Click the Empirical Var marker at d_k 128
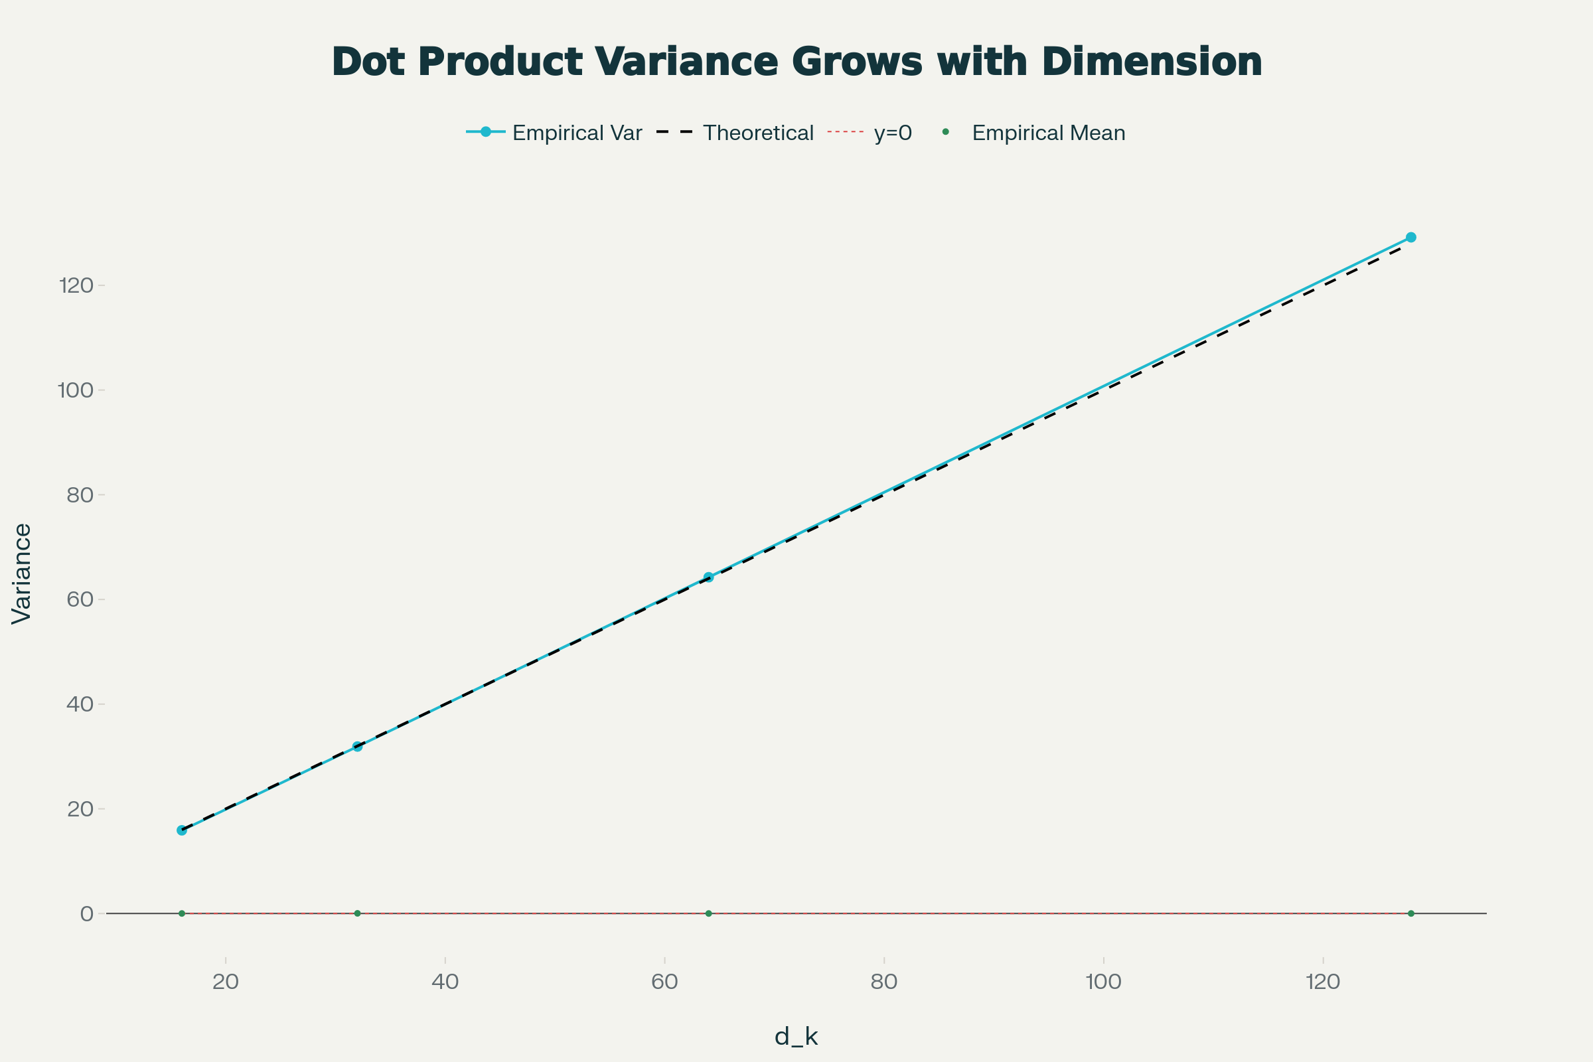(x=1411, y=237)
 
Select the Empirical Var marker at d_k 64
(x=708, y=577)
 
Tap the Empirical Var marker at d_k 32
(x=358, y=746)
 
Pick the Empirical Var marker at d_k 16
(x=181, y=830)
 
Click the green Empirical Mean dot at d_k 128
(x=1411, y=914)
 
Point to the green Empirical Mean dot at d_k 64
(x=708, y=914)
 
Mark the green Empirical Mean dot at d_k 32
(x=358, y=914)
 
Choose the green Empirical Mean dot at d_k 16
(x=181, y=914)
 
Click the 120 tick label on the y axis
(x=76, y=286)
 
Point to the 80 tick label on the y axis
(x=80, y=495)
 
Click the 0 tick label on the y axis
(x=87, y=915)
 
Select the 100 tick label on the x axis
(x=1104, y=982)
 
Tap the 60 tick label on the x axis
(x=664, y=982)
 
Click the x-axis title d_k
(x=796, y=1036)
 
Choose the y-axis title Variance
(x=22, y=573)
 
